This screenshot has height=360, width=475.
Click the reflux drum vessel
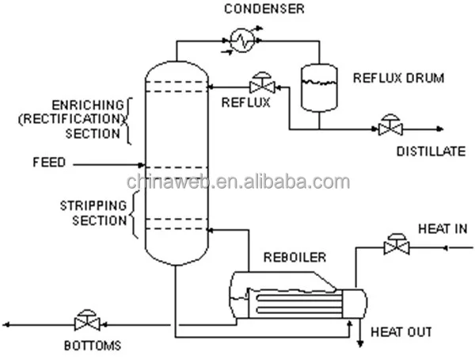320,86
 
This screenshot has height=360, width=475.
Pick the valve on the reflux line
259,83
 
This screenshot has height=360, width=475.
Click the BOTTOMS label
93,347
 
